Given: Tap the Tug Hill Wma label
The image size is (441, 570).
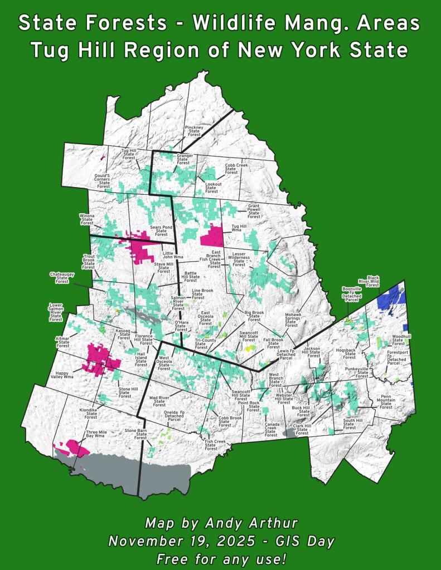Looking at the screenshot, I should click(239, 228).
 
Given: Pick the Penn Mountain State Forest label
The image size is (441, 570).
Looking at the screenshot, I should click(386, 403).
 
